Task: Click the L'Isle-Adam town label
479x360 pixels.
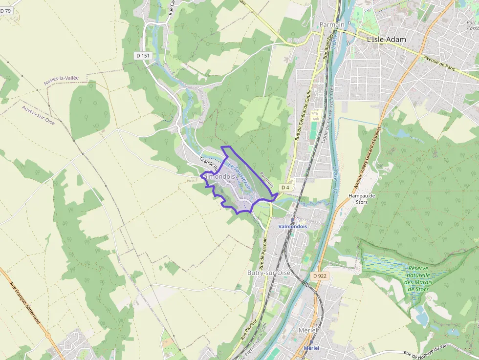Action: click(386, 40)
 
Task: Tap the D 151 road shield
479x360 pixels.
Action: click(143, 56)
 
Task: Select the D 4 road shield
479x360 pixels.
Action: click(285, 188)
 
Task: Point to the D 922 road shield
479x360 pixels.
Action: click(319, 276)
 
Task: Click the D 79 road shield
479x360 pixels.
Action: click(6, 10)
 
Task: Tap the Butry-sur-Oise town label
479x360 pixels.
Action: click(269, 273)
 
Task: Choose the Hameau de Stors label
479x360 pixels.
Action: click(362, 198)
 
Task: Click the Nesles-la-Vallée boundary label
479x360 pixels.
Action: click(62, 81)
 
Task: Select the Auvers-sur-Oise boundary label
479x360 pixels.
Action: click(38, 115)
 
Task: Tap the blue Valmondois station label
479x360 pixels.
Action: click(292, 227)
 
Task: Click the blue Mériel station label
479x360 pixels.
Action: click(311, 348)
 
